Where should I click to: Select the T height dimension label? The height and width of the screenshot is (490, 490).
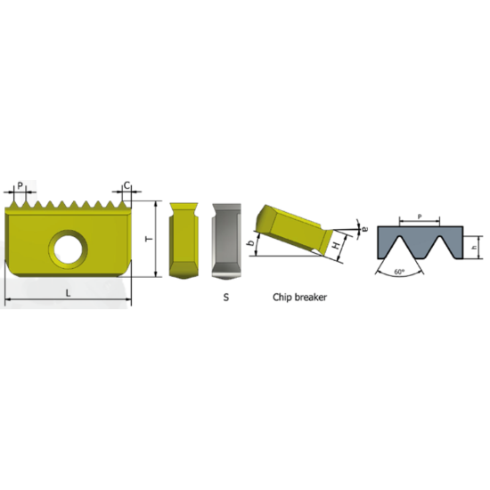tap(148, 240)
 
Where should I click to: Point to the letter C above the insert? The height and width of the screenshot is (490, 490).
tap(127, 184)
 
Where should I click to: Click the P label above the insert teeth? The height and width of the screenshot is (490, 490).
tap(20, 184)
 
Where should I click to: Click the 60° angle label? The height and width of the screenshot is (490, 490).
tap(398, 271)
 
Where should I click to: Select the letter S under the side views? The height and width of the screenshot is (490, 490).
tap(225, 299)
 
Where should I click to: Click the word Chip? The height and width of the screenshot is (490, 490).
tap(283, 299)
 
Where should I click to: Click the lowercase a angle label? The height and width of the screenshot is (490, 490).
tap(365, 228)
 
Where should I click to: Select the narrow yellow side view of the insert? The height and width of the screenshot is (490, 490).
tap(183, 239)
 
